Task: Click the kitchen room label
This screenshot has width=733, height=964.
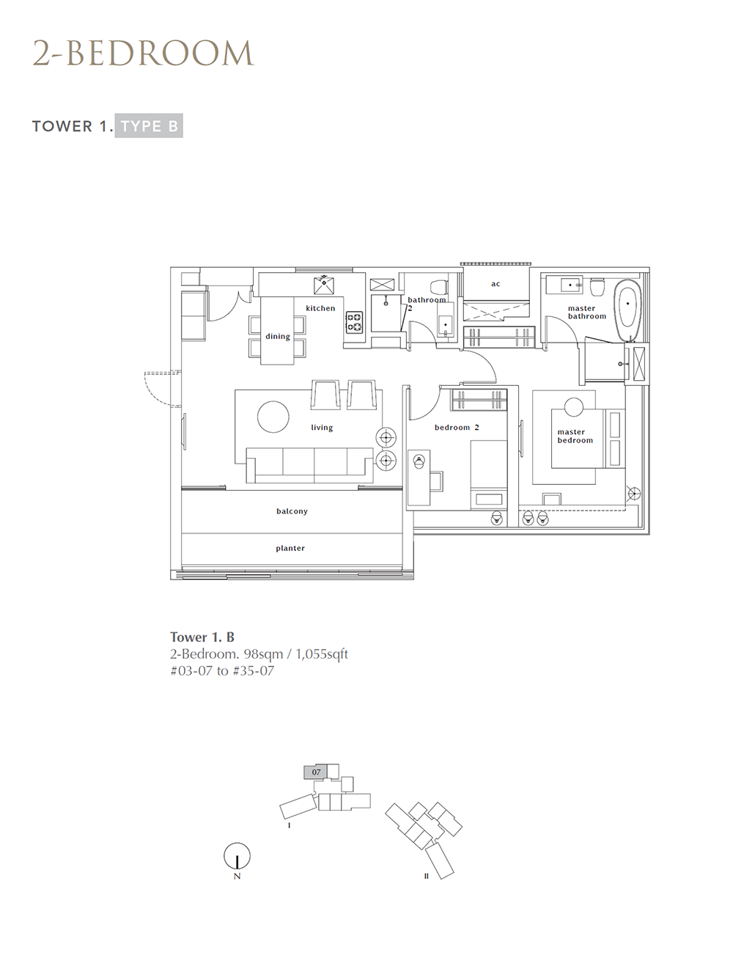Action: click(320, 308)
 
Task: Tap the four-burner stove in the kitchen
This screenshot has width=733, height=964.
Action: click(355, 322)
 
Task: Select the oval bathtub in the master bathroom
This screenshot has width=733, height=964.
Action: click(627, 310)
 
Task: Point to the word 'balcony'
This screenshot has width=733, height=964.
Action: click(292, 511)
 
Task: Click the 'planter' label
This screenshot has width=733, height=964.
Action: click(290, 548)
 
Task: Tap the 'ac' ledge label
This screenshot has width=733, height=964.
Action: click(496, 284)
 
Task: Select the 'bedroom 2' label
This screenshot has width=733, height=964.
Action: click(457, 427)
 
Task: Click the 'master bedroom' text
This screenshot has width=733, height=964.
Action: click(575, 436)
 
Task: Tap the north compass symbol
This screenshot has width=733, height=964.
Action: click(237, 856)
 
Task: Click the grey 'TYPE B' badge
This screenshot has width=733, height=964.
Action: click(149, 126)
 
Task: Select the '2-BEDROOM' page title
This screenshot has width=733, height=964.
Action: click(144, 54)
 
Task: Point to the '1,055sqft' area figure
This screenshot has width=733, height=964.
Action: click(322, 654)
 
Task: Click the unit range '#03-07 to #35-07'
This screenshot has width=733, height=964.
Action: click(222, 671)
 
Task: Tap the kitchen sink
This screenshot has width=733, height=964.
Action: click(324, 285)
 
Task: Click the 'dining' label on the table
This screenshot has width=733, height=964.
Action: click(278, 337)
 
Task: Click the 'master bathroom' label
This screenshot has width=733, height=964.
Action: click(587, 313)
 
